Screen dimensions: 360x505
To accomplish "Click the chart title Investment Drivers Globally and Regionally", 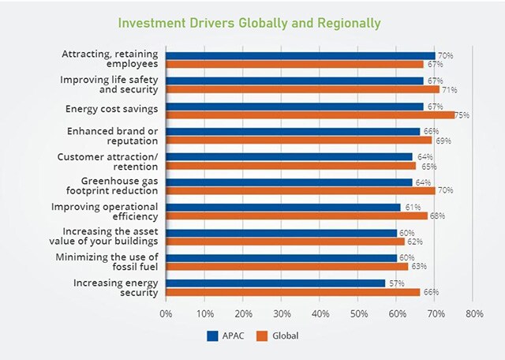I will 249,23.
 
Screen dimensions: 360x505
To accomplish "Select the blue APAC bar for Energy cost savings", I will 295,106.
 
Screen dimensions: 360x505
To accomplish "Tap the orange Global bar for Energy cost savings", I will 310,114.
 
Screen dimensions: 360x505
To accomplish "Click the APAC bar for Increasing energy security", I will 275,283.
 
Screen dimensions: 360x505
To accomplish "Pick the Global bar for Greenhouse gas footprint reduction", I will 301,190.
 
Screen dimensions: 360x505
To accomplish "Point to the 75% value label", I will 462,115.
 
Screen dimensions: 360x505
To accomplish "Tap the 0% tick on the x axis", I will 166,313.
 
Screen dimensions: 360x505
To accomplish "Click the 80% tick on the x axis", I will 474,313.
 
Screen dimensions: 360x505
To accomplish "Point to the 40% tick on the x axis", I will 320,313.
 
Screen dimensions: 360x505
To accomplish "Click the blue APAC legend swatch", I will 212,336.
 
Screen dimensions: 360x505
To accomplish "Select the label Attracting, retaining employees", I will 110,59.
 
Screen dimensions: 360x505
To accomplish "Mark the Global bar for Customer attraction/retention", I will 291,165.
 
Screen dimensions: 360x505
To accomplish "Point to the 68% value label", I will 436,216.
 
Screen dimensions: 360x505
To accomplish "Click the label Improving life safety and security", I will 110,84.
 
